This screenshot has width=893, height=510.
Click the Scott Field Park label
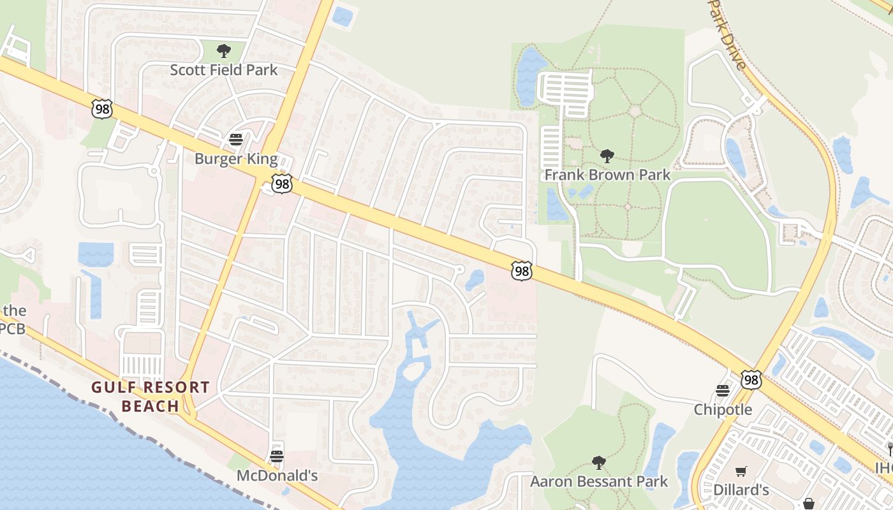pos(223,69)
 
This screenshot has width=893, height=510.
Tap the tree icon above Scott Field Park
pos(223,50)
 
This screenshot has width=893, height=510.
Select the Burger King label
pos(236,159)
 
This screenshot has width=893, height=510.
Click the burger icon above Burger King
pos(236,139)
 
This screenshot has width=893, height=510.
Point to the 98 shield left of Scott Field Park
pos(101,108)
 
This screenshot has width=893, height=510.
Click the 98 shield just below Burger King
pos(281,184)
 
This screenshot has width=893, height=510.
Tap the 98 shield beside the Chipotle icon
pos(751,379)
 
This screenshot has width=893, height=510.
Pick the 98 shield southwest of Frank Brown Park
pos(522,270)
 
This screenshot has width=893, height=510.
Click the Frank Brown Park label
pos(607,175)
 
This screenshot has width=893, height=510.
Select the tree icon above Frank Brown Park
pos(607,156)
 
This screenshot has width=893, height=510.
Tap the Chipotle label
pos(723,409)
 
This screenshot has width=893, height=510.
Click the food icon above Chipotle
pos(723,390)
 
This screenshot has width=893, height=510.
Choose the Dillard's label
pos(741,490)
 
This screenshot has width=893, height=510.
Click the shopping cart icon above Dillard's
pos(741,472)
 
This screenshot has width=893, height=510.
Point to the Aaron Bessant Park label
pos(599,481)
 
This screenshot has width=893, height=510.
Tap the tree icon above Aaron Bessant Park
pos(598,462)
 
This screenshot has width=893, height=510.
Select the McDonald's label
pos(277,476)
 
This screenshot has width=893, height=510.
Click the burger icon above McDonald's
pos(276,456)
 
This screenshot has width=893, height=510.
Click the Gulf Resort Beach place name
pos(151,397)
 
